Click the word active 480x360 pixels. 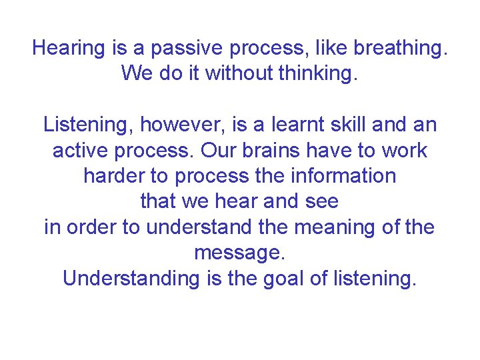83,151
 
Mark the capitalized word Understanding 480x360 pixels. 131,279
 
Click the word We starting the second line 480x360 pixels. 137,73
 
